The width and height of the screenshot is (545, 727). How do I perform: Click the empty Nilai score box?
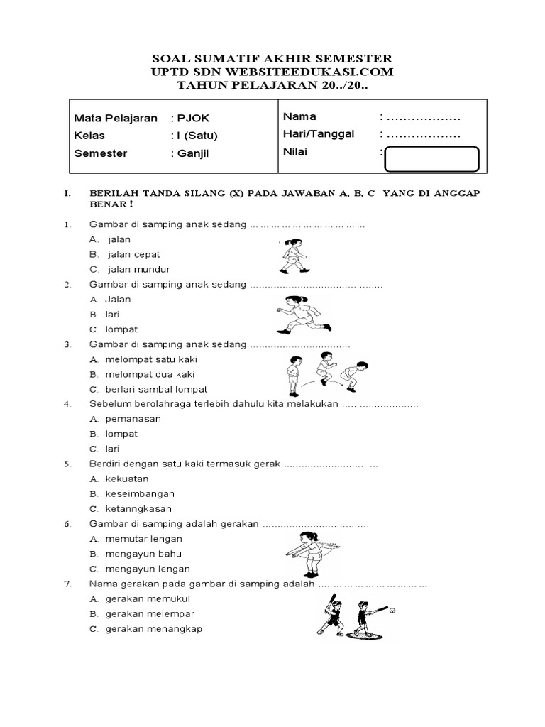coord(431,159)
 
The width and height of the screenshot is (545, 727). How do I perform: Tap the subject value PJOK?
coord(194,118)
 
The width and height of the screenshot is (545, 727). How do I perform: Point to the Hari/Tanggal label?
coord(318,133)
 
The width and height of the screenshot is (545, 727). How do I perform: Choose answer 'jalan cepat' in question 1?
coord(133,254)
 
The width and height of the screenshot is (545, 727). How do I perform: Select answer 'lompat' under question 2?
coord(121,329)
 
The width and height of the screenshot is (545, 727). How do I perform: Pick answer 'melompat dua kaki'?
coord(149,374)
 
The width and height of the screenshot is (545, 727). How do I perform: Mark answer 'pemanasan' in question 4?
coord(133,419)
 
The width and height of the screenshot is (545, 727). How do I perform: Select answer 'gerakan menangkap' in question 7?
coord(153,629)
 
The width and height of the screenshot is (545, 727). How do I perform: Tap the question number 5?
coord(67,464)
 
